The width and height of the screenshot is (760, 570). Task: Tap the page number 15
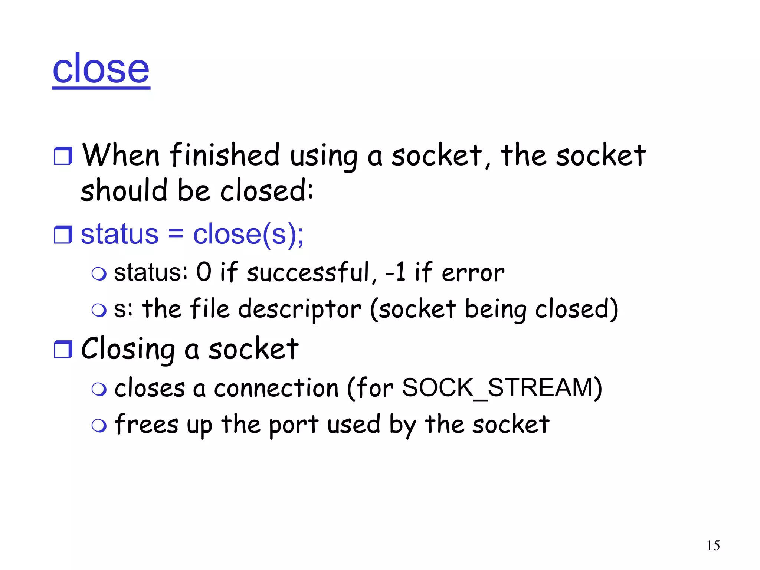713,546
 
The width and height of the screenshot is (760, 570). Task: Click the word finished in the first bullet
225,155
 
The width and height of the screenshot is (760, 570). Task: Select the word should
124,191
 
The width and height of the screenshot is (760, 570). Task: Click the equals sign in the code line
176,235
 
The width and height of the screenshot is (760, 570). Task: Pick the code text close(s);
248,235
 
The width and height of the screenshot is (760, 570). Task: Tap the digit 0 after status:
204,272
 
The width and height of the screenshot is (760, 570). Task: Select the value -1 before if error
396,272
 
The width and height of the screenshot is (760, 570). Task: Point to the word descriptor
299,309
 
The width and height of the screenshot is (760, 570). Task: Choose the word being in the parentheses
495,309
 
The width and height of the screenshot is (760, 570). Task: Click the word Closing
128,350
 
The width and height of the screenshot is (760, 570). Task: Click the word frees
146,425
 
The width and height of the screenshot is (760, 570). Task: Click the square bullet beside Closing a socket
63,350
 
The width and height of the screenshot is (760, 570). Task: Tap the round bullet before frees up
99,426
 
